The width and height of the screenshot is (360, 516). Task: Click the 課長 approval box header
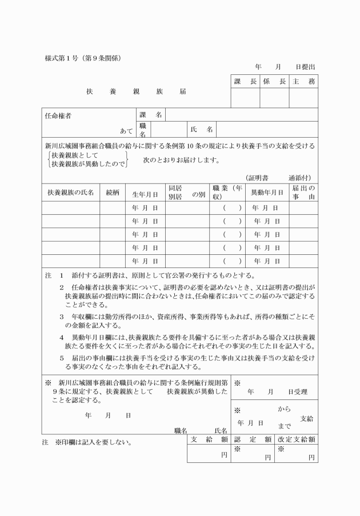click(x=245, y=82)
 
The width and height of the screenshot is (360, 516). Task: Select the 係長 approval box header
click(x=274, y=82)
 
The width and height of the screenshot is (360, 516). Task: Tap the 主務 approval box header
click(x=303, y=82)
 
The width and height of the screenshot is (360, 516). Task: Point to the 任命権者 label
click(x=58, y=115)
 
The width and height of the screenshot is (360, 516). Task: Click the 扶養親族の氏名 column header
click(x=70, y=192)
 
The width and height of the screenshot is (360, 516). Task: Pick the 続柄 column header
click(x=113, y=192)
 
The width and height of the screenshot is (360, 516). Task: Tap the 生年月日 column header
click(x=145, y=193)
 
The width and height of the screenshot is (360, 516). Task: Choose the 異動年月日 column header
click(x=267, y=193)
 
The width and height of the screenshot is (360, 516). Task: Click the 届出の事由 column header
click(x=303, y=192)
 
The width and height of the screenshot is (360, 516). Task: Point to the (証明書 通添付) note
click(x=278, y=178)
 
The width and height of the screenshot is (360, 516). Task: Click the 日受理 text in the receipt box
click(x=298, y=392)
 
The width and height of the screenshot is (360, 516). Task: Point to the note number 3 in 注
click(x=62, y=315)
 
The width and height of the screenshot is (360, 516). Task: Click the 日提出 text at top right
click(x=305, y=67)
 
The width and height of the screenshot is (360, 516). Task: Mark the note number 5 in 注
click(x=62, y=357)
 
